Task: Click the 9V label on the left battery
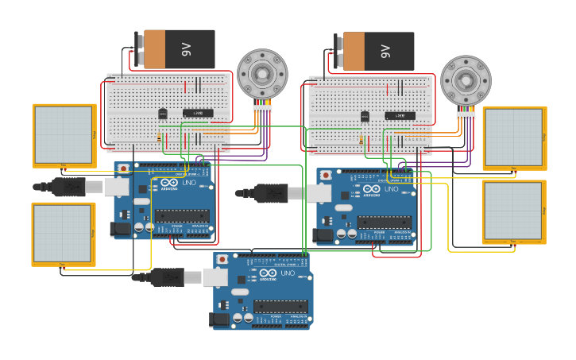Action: point(187,49)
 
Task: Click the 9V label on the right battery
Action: point(386,52)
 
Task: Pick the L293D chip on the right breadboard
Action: point(400,116)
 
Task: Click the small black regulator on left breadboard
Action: point(163,114)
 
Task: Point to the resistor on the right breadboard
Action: point(361,141)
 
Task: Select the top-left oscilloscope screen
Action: point(64,134)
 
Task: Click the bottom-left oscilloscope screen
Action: point(63,232)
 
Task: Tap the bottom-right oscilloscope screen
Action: point(514,211)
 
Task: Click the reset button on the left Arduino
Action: point(124,169)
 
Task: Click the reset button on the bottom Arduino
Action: point(223,260)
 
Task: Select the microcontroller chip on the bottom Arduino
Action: point(280,306)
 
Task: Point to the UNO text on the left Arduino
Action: point(188,182)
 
